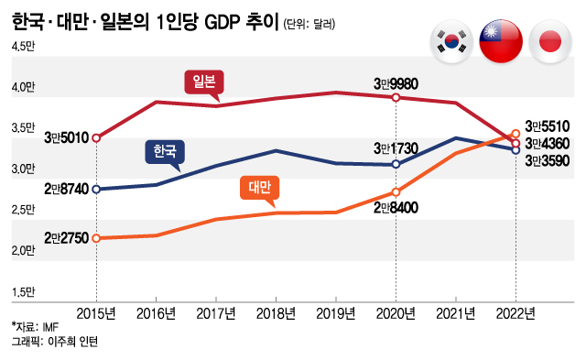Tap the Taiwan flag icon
tap(501, 40)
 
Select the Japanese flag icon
tap(549, 40)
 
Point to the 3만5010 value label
tap(66, 137)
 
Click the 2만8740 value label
tap(66, 189)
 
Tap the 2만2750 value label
tap(66, 238)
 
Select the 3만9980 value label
tap(395, 82)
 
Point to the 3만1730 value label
tap(395, 147)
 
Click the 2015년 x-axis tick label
tap(96, 313)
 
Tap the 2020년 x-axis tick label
tap(396, 313)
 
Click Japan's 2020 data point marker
tap(396, 97)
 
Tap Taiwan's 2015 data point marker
tap(96, 238)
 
